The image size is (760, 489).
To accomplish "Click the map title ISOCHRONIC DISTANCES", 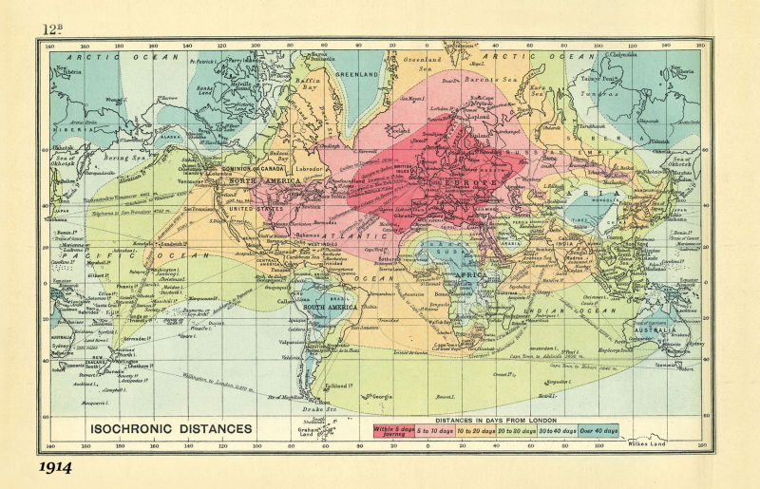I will [171, 428].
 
